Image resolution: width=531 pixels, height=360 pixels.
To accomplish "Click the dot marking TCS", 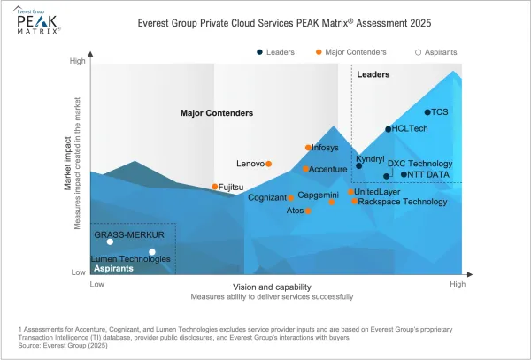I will (427, 112).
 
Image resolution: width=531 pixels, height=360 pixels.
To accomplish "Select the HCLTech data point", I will (389, 129).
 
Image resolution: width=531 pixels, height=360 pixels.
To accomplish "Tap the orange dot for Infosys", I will (308, 148).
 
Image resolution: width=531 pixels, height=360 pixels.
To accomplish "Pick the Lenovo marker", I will (269, 164).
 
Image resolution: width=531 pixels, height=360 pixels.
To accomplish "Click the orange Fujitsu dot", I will (215, 187).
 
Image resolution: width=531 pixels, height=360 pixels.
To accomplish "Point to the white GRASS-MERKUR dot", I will (110, 241).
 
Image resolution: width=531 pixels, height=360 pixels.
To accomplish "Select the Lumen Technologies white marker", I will (152, 252).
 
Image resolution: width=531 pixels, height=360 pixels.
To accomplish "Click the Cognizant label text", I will (265, 197).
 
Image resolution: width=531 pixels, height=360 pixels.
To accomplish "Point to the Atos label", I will (295, 211).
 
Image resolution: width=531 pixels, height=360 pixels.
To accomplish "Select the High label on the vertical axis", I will (78, 61).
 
